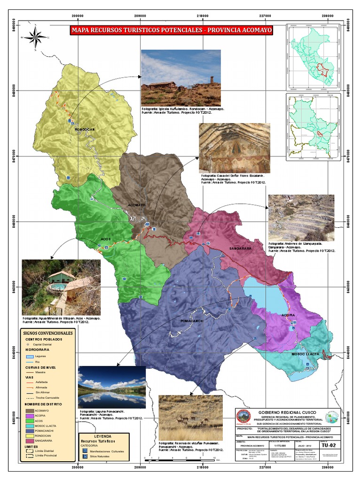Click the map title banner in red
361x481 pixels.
tap(171, 31)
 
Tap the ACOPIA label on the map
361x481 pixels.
tap(288, 315)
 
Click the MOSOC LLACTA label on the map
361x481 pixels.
tap(306, 353)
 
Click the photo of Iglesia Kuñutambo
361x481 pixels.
tap(181, 78)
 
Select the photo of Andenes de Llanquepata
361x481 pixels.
tap(301, 218)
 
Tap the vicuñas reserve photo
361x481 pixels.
tap(190, 417)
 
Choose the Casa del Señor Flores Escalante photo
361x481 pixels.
tap(235, 148)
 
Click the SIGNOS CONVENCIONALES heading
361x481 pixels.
tap(47, 333)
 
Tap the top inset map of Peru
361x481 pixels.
tap(313, 56)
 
